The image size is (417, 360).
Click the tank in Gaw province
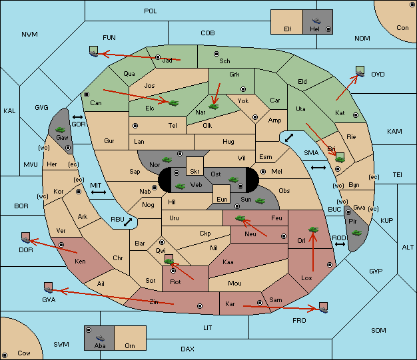61,130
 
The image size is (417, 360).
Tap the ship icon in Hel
316,21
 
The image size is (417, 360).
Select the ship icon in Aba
100,337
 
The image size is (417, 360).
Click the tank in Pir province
356,233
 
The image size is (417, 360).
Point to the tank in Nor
167,160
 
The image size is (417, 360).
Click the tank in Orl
313,230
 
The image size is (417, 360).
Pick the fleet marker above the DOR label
26,238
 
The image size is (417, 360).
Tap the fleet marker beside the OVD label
360,71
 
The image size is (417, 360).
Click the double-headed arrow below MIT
99,192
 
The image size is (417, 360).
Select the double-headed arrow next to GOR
78,117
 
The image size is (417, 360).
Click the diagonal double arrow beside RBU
128,222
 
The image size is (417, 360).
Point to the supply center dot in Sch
216,54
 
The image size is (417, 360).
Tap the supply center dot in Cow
5,355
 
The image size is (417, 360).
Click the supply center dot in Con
411,5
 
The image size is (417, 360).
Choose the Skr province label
195,172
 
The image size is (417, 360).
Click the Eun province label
222,199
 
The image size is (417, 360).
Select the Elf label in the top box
288,29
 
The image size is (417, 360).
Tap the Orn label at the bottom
130,345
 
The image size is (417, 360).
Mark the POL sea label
151,11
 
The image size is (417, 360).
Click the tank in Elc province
174,103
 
